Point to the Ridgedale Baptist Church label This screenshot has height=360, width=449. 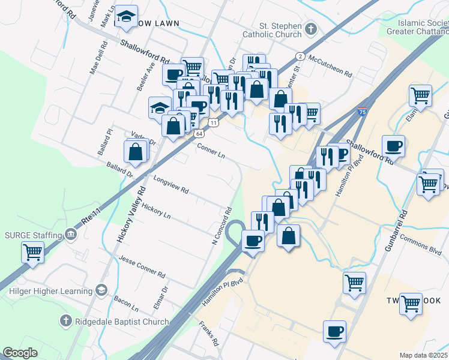click(122, 322)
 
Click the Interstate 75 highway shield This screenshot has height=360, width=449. click(362, 112)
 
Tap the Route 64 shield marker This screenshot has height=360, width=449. click(199, 134)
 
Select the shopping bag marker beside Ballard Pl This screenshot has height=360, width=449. click(136, 152)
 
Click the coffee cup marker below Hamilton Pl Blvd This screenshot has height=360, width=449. click(334, 331)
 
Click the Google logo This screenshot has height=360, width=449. click(20, 353)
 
